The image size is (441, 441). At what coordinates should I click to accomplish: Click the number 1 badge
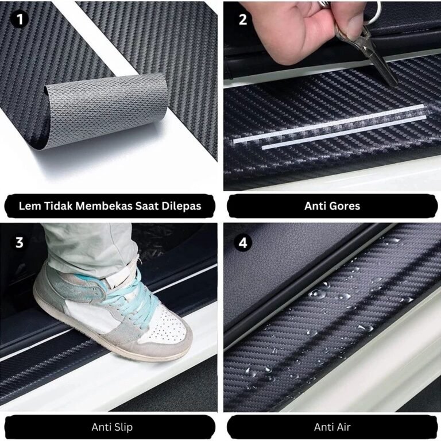coord(20,20)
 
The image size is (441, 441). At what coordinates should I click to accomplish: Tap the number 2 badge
coord(243,20)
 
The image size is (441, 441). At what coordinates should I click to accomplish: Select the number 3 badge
coord(19,242)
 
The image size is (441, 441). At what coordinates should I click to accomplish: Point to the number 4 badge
coord(243,242)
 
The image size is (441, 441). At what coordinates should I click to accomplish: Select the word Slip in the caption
coord(123,427)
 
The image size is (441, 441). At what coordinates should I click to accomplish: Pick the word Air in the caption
coord(344,427)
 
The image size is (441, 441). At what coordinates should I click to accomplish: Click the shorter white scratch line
coord(344,132)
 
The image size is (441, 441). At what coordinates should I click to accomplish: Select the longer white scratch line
coord(328,123)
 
